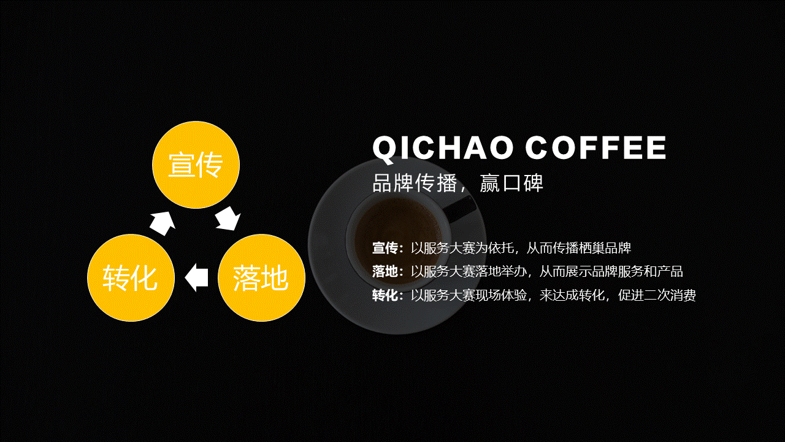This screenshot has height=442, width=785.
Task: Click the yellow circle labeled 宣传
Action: click(196, 165)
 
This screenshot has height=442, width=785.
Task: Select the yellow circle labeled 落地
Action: click(261, 278)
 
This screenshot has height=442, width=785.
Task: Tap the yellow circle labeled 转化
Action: click(131, 278)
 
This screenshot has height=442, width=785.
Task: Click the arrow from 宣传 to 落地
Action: click(228, 218)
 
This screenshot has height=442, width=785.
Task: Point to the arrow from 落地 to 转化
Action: click(196, 278)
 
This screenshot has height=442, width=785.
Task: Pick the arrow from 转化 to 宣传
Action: click(163, 223)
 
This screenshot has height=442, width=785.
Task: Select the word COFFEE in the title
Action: click(595, 148)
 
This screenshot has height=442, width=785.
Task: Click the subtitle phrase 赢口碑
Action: click(511, 183)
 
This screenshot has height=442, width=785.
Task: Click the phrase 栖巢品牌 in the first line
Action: click(605, 248)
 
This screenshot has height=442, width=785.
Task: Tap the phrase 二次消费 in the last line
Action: click(670, 295)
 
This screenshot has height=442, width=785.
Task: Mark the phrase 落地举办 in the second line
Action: click(501, 271)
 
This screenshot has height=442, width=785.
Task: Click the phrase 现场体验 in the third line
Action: click(501, 295)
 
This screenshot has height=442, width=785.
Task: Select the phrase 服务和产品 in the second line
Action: click(651, 271)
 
